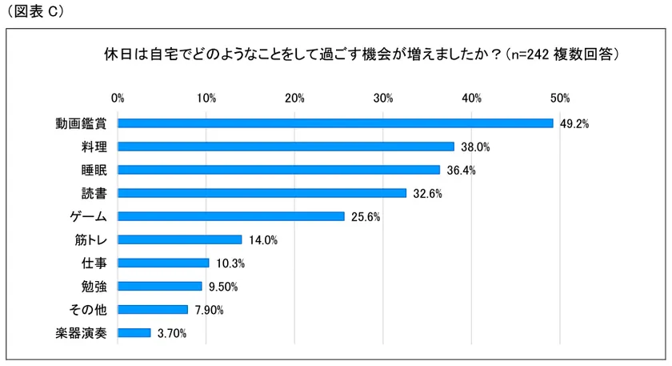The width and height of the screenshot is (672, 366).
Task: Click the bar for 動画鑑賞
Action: coord(335,123)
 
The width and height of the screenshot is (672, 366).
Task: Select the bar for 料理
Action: coord(286,147)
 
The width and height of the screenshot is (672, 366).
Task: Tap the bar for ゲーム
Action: coord(231,216)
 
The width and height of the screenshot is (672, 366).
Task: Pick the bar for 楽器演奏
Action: coord(134,332)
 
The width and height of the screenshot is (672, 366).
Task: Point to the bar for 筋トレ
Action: coord(180,239)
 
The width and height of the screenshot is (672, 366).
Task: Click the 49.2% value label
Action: coord(574,124)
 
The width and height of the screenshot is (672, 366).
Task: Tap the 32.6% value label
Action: coord(427,194)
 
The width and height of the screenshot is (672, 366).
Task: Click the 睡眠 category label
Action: coord(94,170)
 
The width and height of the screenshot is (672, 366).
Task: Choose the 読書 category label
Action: coord(94,193)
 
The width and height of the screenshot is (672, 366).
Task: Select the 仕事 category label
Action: coord(94,263)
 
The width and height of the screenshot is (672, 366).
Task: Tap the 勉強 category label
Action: coord(94,286)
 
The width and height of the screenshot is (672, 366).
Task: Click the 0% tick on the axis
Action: coord(118,98)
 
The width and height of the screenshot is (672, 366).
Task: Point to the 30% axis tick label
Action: coord(382,98)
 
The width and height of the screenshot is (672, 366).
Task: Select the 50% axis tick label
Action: coord(559,98)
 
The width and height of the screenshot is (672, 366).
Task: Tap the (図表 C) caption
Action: coord(35,11)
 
